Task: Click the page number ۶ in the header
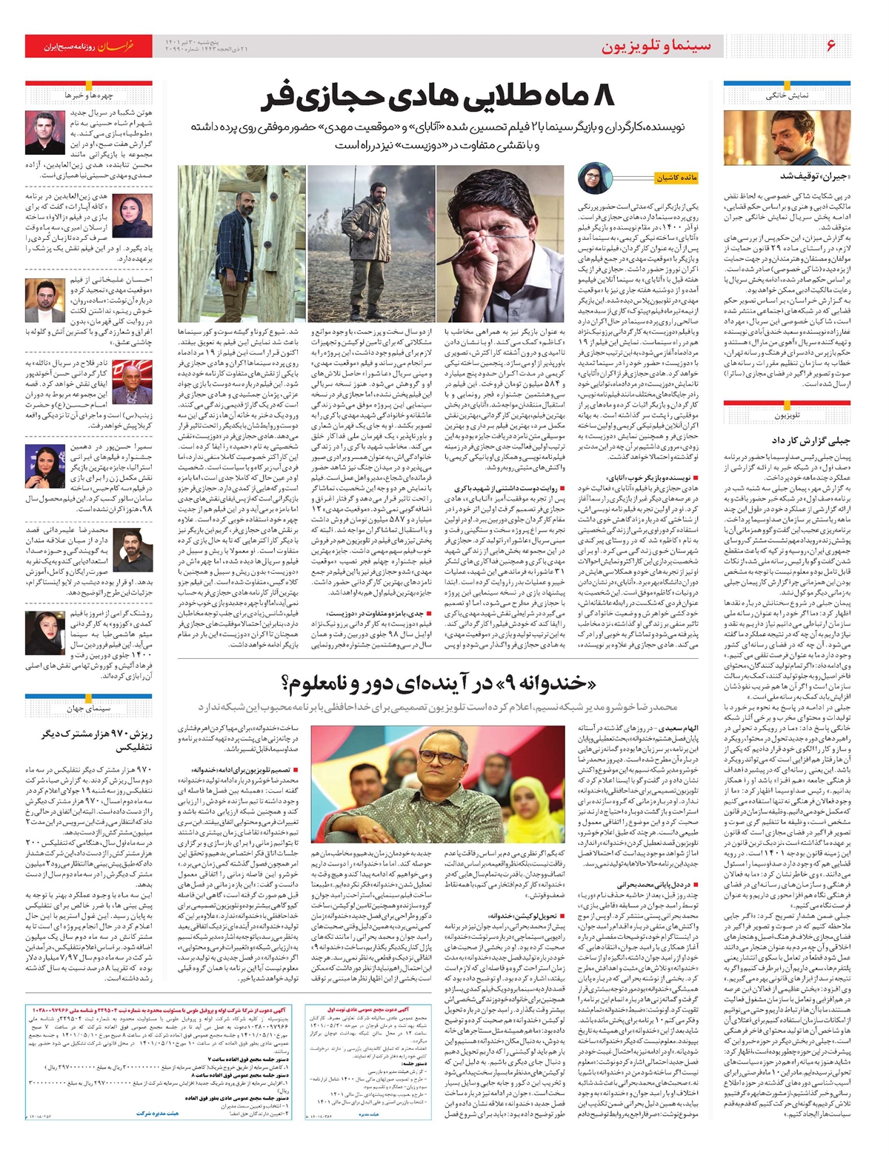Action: pos(830,45)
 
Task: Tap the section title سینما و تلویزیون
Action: pos(656,46)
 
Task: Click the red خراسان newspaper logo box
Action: pos(88,46)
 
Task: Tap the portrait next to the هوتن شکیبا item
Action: pos(46,133)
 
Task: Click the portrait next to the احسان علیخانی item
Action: pos(46,300)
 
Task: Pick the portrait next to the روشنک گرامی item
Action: pos(46,632)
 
